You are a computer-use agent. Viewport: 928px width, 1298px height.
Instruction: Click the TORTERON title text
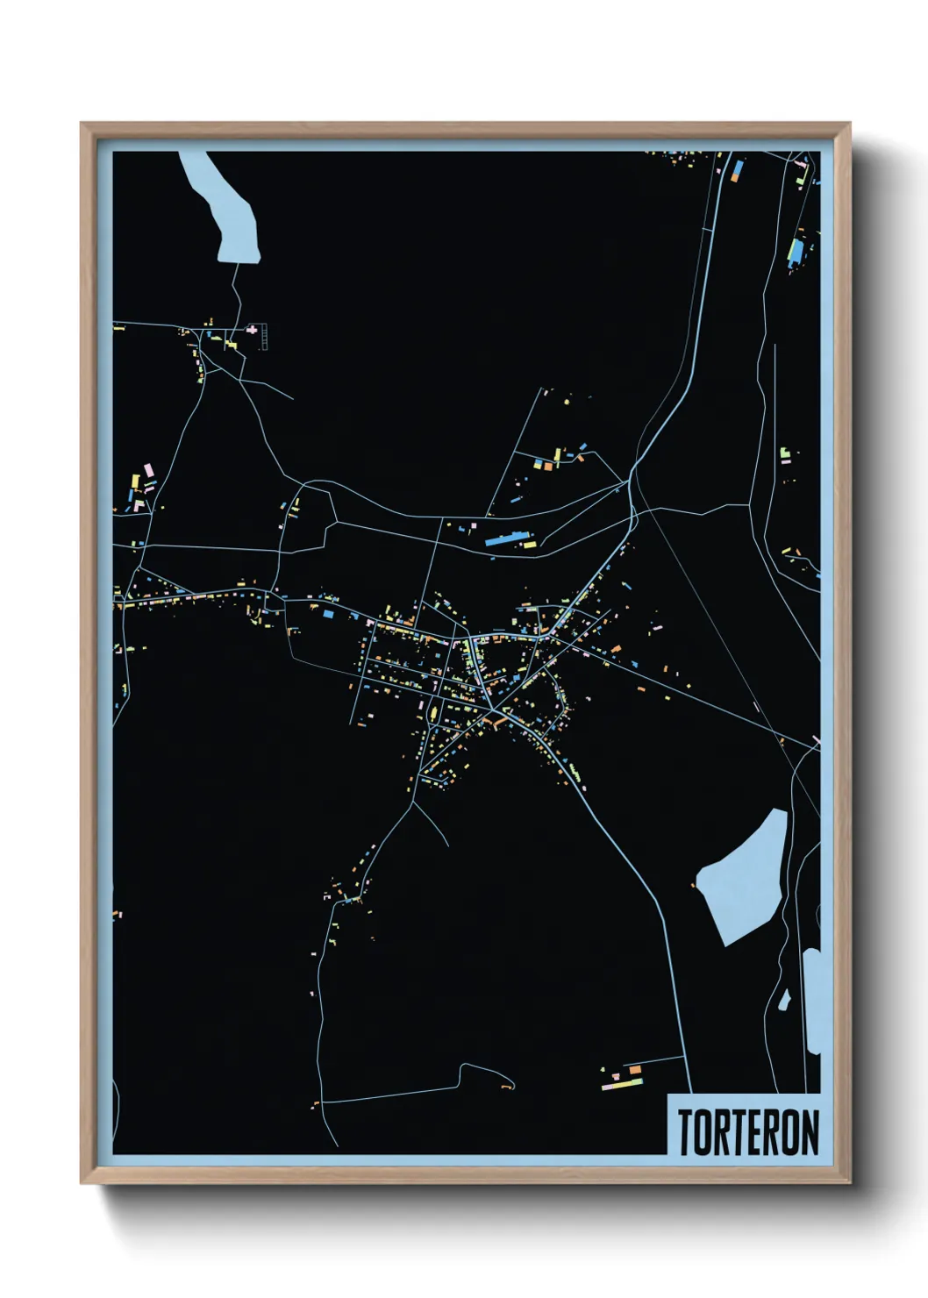pyautogui.click(x=748, y=1131)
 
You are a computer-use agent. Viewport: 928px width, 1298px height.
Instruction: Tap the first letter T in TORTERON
pyautogui.click(x=685, y=1131)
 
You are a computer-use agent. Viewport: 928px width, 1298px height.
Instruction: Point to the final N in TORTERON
pyautogui.click(x=810, y=1131)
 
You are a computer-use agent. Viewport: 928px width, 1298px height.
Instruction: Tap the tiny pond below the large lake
pyautogui.click(x=783, y=1001)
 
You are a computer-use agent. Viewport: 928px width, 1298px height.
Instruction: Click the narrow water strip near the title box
pyautogui.click(x=812, y=1000)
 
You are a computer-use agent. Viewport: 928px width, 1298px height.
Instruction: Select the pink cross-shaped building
pyautogui.click(x=254, y=330)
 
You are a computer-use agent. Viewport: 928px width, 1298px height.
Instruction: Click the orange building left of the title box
pyautogui.click(x=635, y=1070)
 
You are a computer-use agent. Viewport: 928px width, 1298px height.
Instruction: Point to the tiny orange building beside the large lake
pyautogui.click(x=693, y=885)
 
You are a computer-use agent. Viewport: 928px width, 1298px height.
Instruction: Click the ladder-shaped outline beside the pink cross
pyautogui.click(x=265, y=337)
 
